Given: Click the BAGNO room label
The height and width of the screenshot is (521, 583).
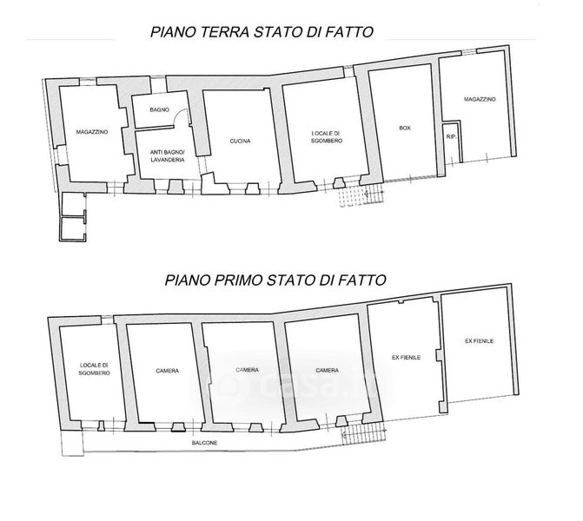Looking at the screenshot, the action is [x=160, y=110].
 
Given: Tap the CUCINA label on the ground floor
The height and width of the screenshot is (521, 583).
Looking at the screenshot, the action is [x=240, y=142].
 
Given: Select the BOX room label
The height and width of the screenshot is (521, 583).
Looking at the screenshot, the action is [x=405, y=128].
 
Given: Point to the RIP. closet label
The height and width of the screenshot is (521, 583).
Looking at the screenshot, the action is [x=452, y=136].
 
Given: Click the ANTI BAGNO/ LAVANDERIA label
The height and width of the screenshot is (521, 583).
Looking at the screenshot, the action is [x=168, y=156].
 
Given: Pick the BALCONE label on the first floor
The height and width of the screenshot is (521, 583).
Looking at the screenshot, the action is [x=204, y=443].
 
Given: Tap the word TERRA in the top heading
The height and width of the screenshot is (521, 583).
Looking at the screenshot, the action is [x=224, y=32].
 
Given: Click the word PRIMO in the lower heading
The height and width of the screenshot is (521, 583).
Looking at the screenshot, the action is [x=239, y=280].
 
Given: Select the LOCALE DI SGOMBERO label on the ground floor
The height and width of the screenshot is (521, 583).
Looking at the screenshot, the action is [x=327, y=137].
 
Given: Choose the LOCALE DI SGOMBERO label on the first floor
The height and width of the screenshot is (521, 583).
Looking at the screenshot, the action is [x=95, y=369].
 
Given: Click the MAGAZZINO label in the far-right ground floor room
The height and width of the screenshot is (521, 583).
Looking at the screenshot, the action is [x=480, y=99].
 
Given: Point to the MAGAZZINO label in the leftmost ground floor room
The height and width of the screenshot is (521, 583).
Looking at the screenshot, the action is [x=92, y=132].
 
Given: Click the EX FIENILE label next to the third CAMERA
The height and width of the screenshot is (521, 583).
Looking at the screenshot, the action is [x=406, y=358].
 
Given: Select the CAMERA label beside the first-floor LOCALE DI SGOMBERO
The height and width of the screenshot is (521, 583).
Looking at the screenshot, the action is [x=168, y=371].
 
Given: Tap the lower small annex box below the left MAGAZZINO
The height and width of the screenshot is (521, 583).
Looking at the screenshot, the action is [x=73, y=229].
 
